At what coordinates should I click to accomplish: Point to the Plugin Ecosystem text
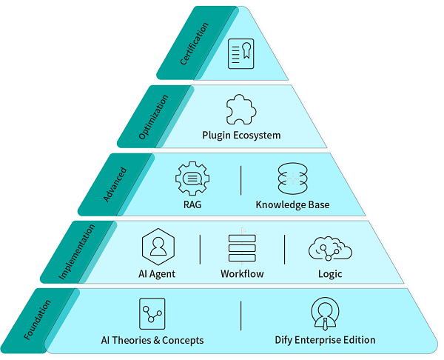click(241, 136)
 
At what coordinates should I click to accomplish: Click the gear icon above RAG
click(192, 179)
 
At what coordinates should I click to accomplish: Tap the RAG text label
click(192, 204)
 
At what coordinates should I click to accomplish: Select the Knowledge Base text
click(292, 204)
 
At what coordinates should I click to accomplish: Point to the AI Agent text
click(158, 274)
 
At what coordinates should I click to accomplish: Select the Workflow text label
click(242, 274)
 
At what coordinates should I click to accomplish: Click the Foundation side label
click(38, 319)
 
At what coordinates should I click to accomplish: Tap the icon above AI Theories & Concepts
click(152, 314)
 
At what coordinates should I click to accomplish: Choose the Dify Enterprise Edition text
click(325, 340)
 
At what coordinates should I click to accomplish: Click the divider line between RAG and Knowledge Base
click(242, 181)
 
